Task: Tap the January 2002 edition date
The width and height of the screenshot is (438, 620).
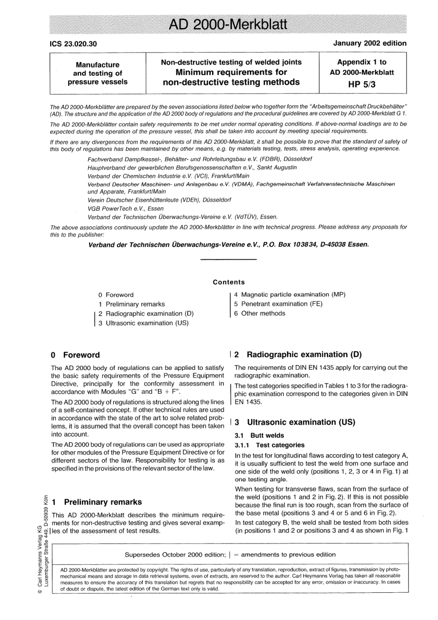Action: (370, 43)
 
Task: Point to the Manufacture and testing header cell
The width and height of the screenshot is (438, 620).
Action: (97, 73)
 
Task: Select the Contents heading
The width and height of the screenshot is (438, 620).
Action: (229, 282)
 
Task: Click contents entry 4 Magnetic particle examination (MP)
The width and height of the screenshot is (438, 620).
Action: (290, 295)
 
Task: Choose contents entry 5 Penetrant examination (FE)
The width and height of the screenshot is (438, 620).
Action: (278, 304)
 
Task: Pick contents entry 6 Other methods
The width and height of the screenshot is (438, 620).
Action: (260, 313)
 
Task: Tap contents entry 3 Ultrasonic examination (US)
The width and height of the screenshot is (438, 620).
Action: (143, 323)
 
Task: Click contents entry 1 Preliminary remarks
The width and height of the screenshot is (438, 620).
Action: (131, 304)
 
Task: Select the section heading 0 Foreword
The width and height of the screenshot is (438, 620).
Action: (75, 355)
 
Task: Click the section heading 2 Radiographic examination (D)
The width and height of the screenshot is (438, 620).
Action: (298, 354)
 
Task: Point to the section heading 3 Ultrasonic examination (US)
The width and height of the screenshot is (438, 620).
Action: (295, 422)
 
